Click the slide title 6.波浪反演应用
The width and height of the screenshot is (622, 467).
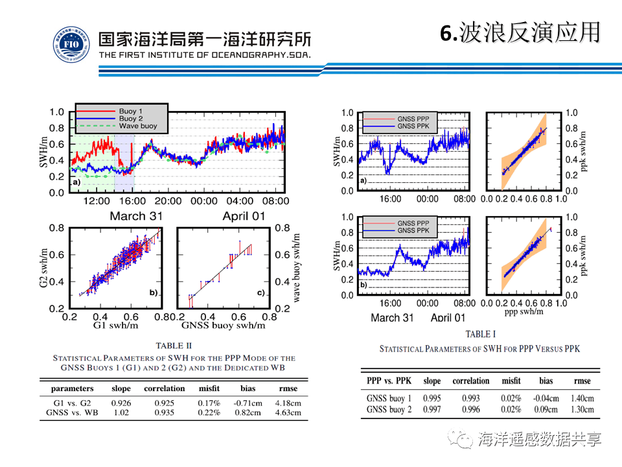(x=520, y=32)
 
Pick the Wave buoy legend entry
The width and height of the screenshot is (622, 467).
(x=138, y=126)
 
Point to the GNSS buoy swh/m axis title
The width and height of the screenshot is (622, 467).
(x=224, y=325)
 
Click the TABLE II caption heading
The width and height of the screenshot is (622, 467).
(x=174, y=346)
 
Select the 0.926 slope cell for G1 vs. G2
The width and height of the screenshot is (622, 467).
(x=121, y=403)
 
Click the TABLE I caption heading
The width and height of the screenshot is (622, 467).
(x=479, y=334)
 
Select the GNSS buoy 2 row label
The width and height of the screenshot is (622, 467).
(x=389, y=410)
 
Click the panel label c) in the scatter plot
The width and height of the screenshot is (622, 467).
(x=261, y=293)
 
